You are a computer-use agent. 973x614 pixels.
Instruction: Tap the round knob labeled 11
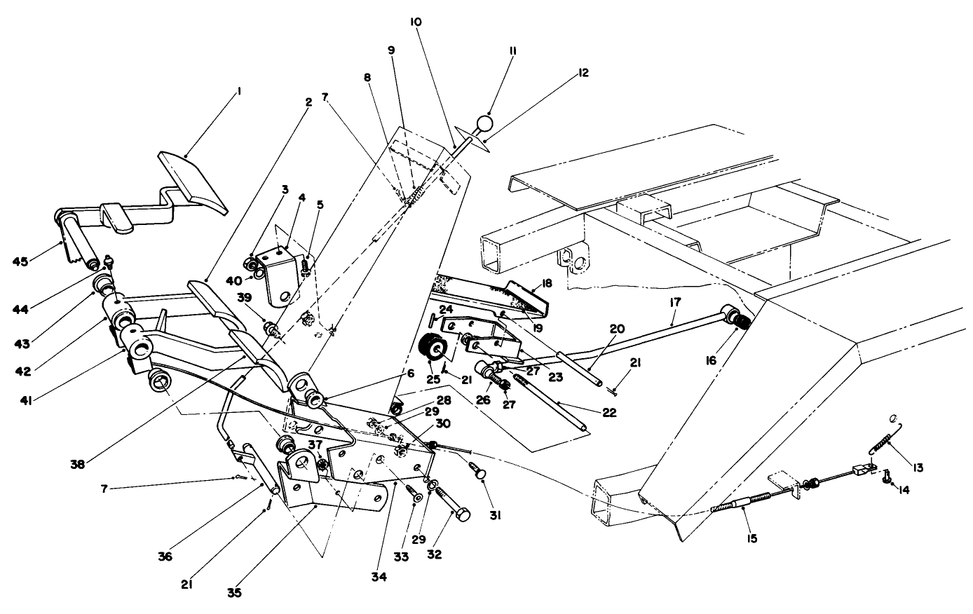coord(484,125)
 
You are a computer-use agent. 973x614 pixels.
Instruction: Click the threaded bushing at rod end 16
coord(740,322)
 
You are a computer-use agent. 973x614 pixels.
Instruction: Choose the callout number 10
coord(416,22)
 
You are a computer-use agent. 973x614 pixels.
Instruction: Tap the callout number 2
coord(308,101)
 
